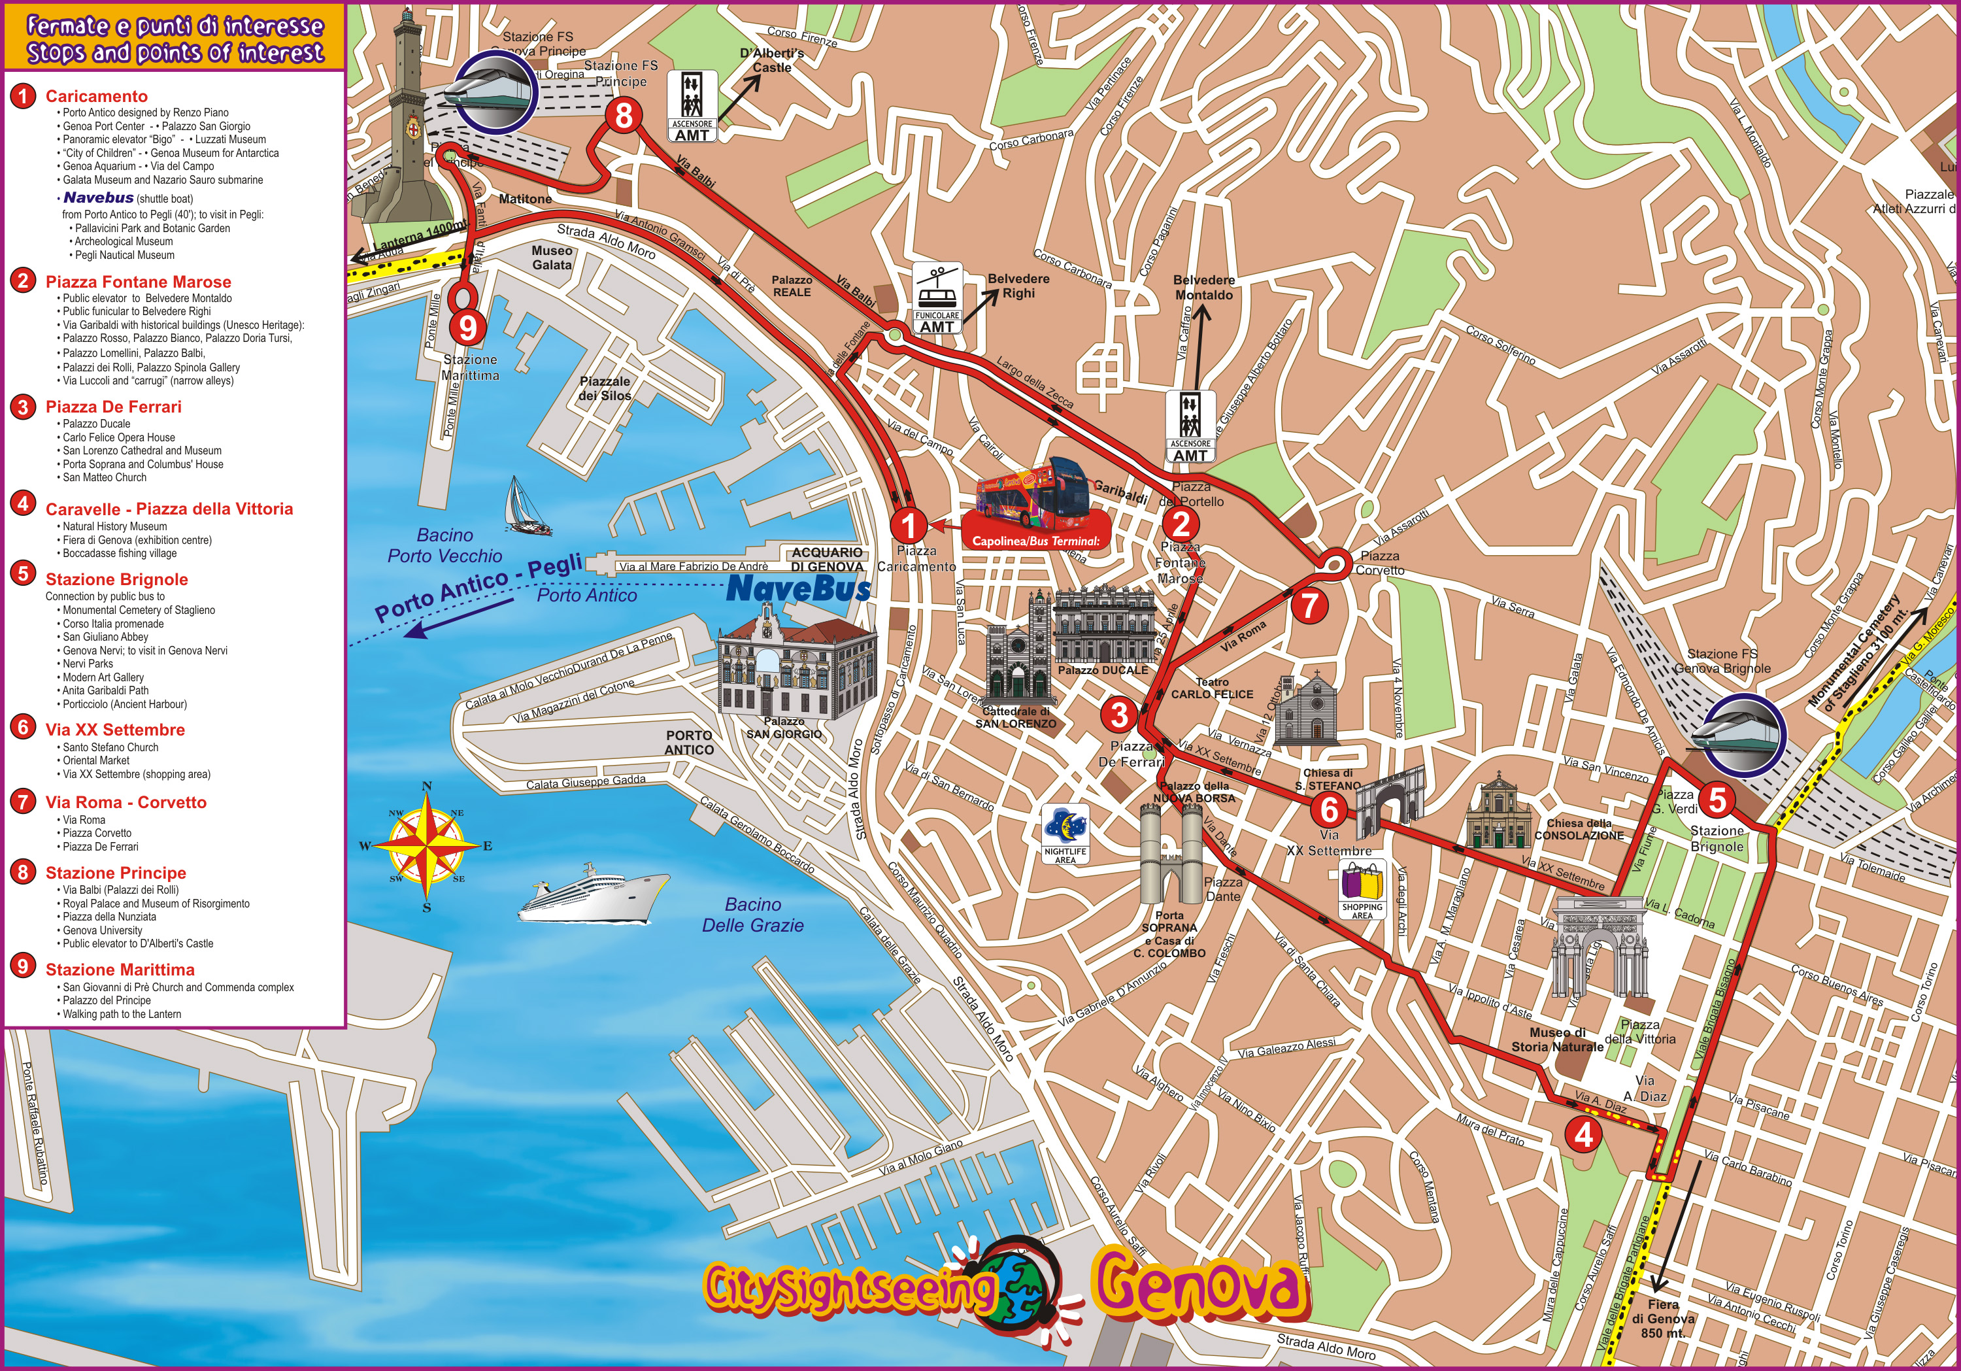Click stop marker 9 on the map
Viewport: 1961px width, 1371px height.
(467, 326)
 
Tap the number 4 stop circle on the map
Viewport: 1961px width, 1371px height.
(1583, 1134)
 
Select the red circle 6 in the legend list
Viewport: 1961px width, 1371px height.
(23, 727)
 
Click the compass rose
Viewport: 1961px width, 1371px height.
(426, 845)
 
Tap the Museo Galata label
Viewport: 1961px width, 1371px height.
(552, 257)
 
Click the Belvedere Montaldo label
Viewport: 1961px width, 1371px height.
(1203, 287)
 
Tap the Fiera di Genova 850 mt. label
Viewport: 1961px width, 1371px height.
(1662, 1318)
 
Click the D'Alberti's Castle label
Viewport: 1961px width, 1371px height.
(771, 59)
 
